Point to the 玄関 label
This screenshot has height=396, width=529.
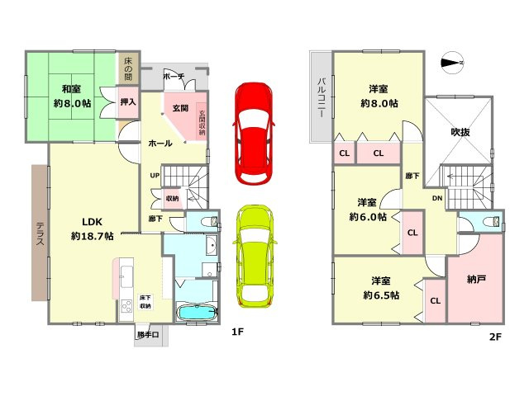coord(179,108)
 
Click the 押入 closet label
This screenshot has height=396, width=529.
coord(128,103)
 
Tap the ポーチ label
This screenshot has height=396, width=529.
coord(174,76)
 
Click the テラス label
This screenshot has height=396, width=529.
coord(40,233)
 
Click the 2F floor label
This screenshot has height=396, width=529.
coord(496,337)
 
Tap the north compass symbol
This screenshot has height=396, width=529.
coord(452,60)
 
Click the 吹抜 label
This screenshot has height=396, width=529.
coord(460,131)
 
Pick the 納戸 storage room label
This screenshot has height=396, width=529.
coord(476,280)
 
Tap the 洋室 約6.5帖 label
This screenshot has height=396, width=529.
coord(379,288)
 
